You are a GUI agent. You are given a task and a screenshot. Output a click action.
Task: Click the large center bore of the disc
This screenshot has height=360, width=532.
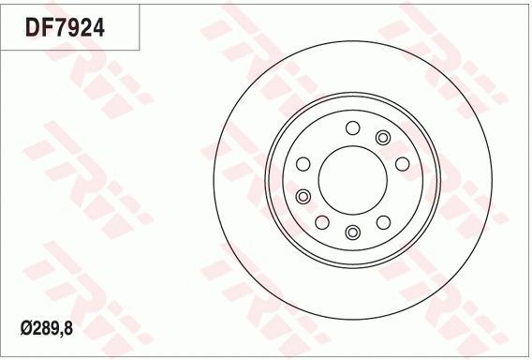[x=352, y=180]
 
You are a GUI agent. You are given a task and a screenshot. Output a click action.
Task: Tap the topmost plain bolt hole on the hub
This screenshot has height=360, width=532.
[x=352, y=128]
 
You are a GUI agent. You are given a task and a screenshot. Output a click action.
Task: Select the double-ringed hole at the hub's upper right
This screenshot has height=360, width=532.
[x=382, y=139]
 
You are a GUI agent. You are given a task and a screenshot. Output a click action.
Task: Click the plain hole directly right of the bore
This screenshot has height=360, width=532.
[x=403, y=165]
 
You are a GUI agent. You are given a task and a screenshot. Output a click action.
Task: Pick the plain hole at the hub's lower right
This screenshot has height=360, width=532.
[x=383, y=222]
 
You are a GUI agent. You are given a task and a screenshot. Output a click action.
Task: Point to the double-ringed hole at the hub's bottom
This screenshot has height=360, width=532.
[x=352, y=232]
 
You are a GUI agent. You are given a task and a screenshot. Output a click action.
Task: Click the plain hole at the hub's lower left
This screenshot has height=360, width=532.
[x=321, y=222]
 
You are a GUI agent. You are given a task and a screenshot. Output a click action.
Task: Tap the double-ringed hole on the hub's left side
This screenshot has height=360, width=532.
[x=303, y=196]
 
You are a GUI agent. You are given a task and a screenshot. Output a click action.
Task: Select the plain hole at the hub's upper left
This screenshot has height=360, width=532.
[x=303, y=165]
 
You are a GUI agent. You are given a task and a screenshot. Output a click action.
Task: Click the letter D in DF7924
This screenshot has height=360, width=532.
[x=33, y=28]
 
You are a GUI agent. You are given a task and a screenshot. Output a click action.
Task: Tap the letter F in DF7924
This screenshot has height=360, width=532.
[x=48, y=28]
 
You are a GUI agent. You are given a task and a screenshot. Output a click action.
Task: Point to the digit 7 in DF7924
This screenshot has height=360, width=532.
[x=62, y=28]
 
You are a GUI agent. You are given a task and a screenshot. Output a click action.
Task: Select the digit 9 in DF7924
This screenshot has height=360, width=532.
[x=75, y=28]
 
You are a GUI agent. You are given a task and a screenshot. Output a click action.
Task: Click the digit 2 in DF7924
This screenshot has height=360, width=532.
[x=89, y=28]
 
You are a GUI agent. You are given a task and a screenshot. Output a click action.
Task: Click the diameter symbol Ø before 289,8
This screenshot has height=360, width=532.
[x=26, y=329]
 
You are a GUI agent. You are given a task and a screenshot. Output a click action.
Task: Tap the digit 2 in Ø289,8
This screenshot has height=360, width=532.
[x=37, y=329]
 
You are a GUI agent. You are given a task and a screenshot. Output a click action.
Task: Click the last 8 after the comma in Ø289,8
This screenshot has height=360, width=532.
[x=72, y=329]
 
